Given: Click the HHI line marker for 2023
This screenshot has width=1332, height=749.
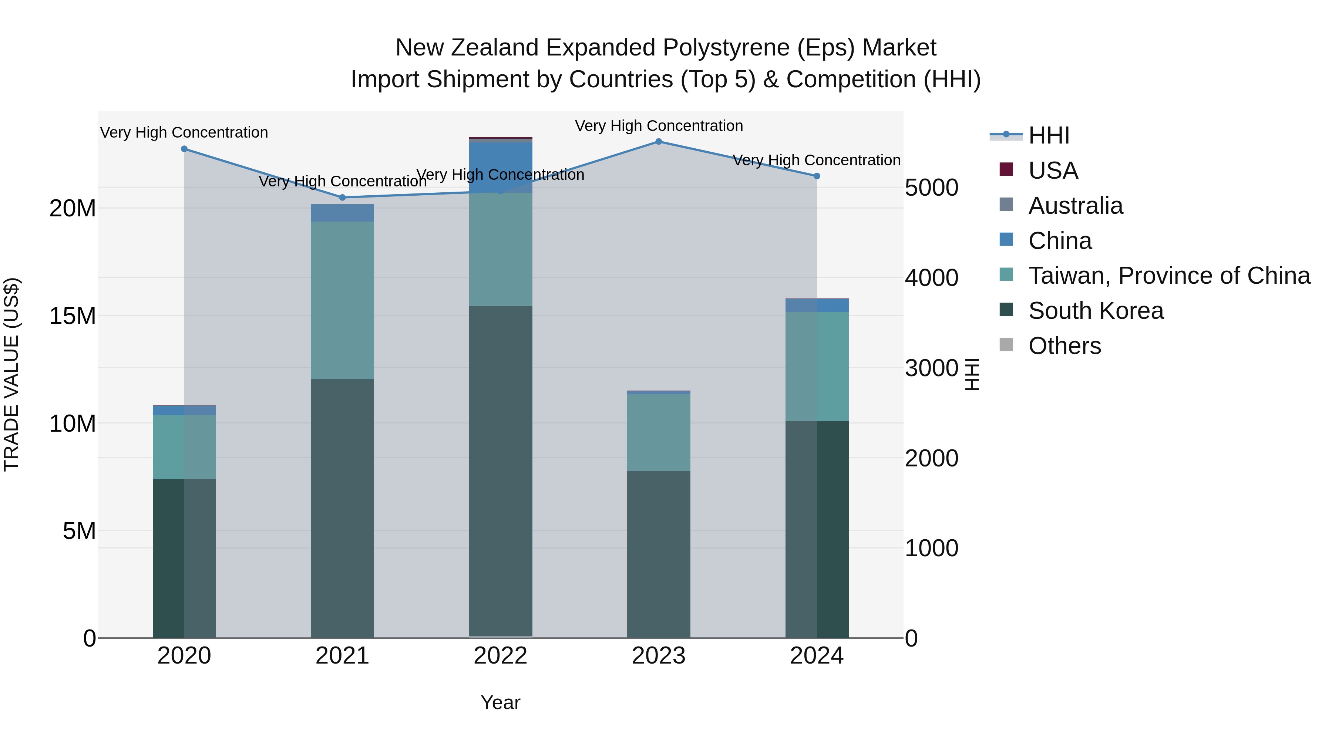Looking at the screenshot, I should coord(658,141).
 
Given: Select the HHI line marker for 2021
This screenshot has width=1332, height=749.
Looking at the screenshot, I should coord(342,198).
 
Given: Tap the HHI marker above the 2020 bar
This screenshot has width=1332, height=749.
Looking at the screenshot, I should coord(184,149).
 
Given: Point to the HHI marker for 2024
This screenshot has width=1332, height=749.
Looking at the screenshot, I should coord(817,176).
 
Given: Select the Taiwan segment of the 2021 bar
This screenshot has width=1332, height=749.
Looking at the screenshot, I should coord(342,300).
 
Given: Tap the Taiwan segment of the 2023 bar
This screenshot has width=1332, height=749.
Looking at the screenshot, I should coord(658,432).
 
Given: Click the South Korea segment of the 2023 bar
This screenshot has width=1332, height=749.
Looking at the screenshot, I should coord(658,553).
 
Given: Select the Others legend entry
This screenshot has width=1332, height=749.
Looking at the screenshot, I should coord(1064,346).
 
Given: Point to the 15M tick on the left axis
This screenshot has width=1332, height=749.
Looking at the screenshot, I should coord(73,316).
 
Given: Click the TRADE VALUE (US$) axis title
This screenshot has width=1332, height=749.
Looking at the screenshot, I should coord(11,374).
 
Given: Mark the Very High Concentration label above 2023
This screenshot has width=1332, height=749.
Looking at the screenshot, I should coord(658,126).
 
